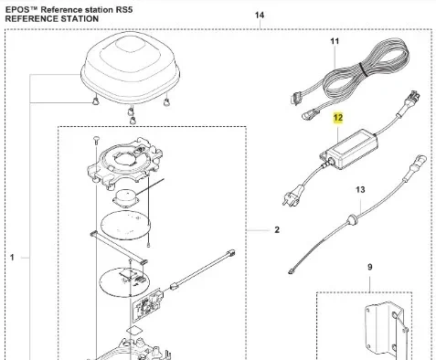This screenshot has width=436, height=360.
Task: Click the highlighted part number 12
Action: pos(338,118)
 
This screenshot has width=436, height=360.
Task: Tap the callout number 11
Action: pos(335,41)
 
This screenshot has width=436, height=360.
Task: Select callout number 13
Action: pos(360,190)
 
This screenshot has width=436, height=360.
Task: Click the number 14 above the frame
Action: pos(260,15)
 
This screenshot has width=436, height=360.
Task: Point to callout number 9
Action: pos(369,267)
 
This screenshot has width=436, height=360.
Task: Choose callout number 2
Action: pos(277,229)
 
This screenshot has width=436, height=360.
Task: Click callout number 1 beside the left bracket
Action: pos(12,258)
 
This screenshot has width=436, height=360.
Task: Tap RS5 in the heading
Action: pos(124,10)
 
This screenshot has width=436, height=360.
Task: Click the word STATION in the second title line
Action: pos(80,19)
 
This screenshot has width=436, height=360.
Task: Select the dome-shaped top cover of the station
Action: pos(131,67)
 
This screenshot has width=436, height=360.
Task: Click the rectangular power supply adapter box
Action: pos(349,150)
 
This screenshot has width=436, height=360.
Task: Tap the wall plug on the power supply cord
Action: pos(292,195)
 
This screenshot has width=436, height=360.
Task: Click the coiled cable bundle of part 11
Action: pos(366,66)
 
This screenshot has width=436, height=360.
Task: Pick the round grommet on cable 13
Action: pos(353,218)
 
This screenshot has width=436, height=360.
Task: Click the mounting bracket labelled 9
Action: pos(385,331)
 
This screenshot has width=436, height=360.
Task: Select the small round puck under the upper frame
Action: pos(126,198)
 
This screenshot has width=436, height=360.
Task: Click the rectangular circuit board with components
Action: pos(147,305)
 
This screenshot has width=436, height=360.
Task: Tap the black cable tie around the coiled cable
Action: pos(363,69)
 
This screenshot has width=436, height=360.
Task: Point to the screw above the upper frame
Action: pos(96,141)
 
